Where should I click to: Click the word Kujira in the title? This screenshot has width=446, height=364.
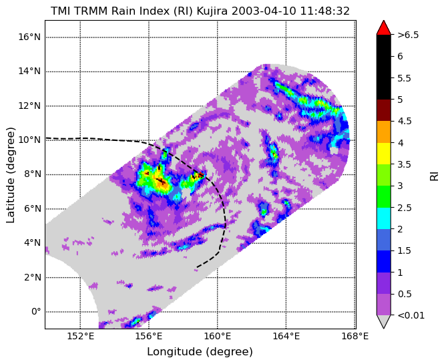tap(212, 11)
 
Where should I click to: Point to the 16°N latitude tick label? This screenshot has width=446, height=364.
tap(29, 37)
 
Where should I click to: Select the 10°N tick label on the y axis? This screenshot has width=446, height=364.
tap(29, 140)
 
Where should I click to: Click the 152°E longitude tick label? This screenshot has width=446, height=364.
tap(80, 337)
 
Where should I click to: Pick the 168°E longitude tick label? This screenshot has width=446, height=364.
tap(355, 337)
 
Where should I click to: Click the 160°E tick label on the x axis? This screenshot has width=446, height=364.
tap(218, 337)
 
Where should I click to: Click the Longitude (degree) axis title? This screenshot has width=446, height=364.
tap(200, 352)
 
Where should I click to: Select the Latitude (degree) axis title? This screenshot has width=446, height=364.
tap(11, 175)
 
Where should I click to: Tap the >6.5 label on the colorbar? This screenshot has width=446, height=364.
tap(408, 35)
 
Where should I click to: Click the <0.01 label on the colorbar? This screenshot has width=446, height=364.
tap(411, 315)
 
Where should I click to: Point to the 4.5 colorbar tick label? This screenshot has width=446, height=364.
tap(404, 122)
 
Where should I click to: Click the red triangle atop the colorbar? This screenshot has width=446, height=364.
tap(383, 28)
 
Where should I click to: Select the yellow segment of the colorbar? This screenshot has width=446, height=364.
tap(383, 154)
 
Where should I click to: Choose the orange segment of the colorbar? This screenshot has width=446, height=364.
tap(383, 132)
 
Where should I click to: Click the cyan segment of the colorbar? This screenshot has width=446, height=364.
tap(383, 218)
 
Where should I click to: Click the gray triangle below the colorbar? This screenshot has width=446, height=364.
tap(383, 322)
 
